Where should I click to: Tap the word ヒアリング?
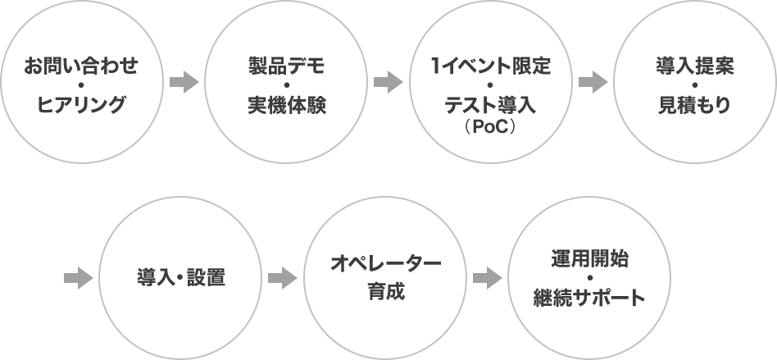pos(81,105)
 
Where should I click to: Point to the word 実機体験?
pos(286,105)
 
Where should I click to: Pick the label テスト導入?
pos(489,105)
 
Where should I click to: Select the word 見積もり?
pos(694,105)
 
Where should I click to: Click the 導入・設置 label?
pos(180,278)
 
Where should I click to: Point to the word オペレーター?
pos(385,262)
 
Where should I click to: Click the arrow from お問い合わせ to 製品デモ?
pos(184,82)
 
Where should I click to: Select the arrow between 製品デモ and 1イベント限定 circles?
pos(388,82)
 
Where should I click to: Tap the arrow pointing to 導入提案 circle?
pos(592,82)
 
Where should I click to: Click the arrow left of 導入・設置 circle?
pos(78,278)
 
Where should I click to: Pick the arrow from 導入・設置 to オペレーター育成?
pos(282,278)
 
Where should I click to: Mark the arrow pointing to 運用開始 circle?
pos(487,278)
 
